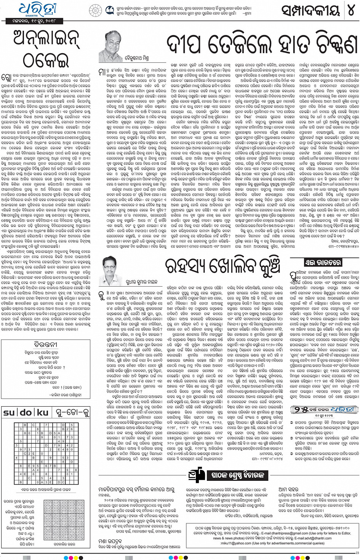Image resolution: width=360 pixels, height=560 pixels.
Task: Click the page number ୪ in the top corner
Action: (350, 10)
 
